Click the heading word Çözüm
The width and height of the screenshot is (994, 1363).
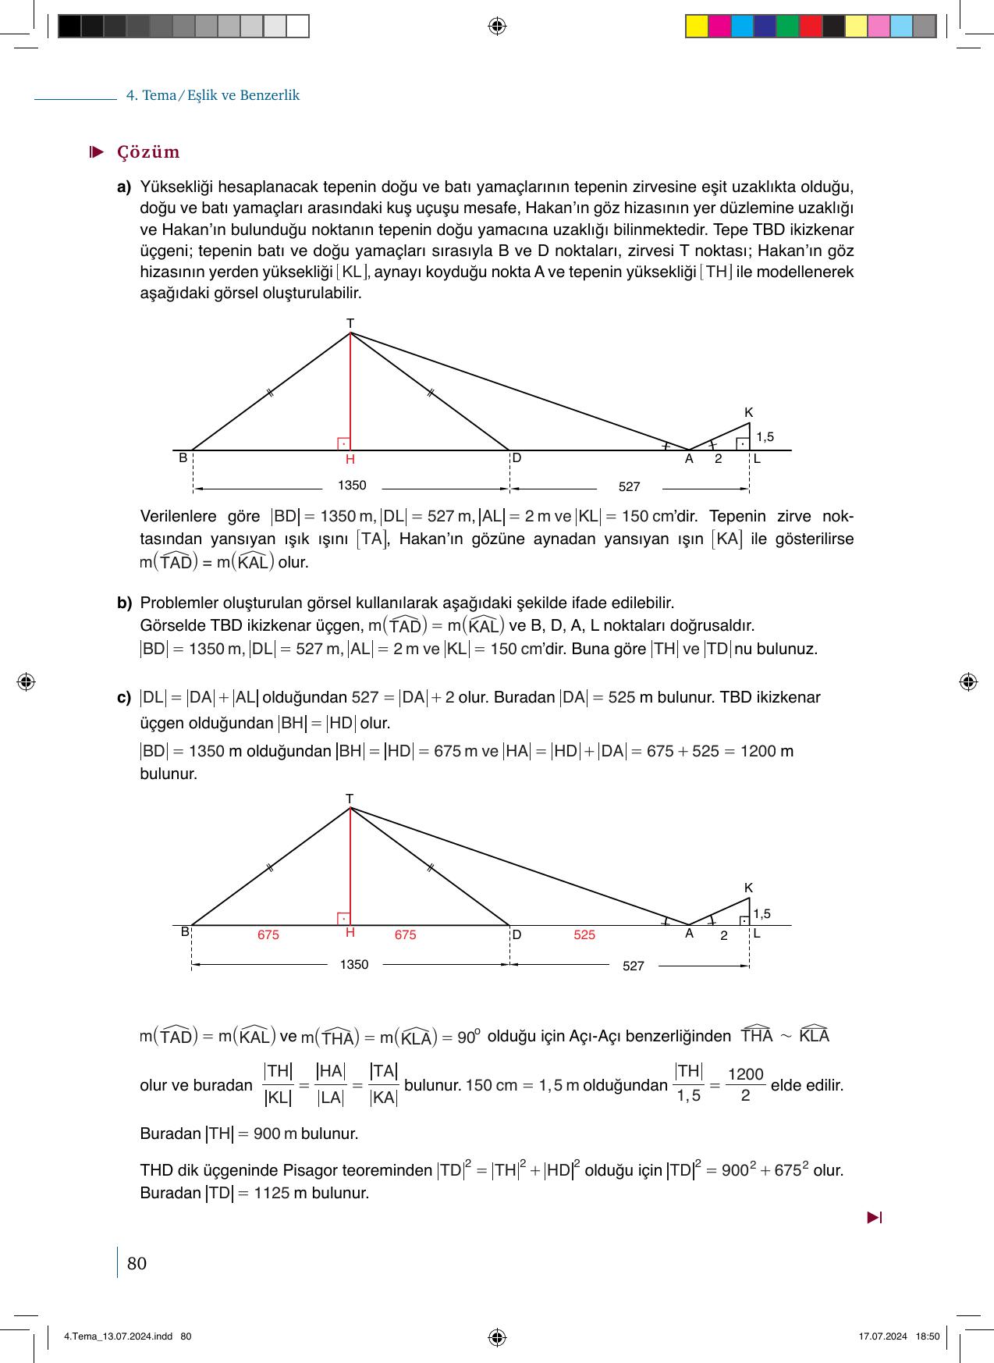pos(148,152)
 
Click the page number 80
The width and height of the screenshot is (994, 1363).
pos(137,1263)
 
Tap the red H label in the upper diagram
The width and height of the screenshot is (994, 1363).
pos(350,460)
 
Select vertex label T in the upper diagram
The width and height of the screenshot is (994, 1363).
pos(350,322)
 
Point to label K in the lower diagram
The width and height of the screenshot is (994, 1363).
pos(748,888)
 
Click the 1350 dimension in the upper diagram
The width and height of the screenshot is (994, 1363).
pos(352,486)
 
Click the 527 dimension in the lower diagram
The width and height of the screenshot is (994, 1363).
pos(634,966)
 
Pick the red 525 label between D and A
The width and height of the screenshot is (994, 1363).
pos(584,934)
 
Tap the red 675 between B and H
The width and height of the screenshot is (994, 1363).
pos(268,934)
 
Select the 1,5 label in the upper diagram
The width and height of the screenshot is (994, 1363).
pos(765,437)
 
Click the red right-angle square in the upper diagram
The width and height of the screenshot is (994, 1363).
pos(343,443)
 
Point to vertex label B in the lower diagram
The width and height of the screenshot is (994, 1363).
pos(185,931)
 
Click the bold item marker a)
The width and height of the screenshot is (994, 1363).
pos(124,187)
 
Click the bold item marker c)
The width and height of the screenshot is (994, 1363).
pos(124,697)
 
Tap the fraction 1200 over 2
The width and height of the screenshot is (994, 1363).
pos(745,1084)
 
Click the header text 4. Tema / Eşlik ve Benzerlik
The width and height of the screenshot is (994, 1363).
pos(213,95)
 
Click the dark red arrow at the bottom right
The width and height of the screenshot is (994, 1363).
pos(874,1217)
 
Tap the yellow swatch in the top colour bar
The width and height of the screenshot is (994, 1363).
pos(696,27)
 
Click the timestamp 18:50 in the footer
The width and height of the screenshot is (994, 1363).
pos(927,1336)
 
